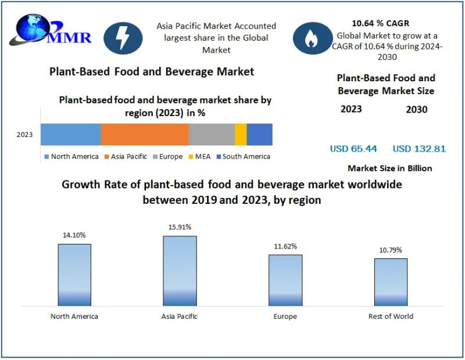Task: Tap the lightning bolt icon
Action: (123, 38)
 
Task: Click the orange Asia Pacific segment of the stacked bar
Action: (145, 134)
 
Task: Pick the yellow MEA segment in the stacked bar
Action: (241, 134)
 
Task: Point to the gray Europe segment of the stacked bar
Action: (212, 134)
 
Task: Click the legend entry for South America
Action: (243, 156)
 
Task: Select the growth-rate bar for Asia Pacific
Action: (180, 271)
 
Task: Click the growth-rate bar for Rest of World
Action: (391, 282)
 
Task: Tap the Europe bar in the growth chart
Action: (285, 280)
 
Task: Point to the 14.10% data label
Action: (74, 236)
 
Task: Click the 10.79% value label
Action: (390, 251)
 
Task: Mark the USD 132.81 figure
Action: (419, 149)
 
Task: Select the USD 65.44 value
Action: (353, 149)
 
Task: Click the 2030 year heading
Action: (417, 109)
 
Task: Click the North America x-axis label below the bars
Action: (74, 316)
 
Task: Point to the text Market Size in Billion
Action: (389, 168)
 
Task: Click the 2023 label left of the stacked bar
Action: (24, 135)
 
